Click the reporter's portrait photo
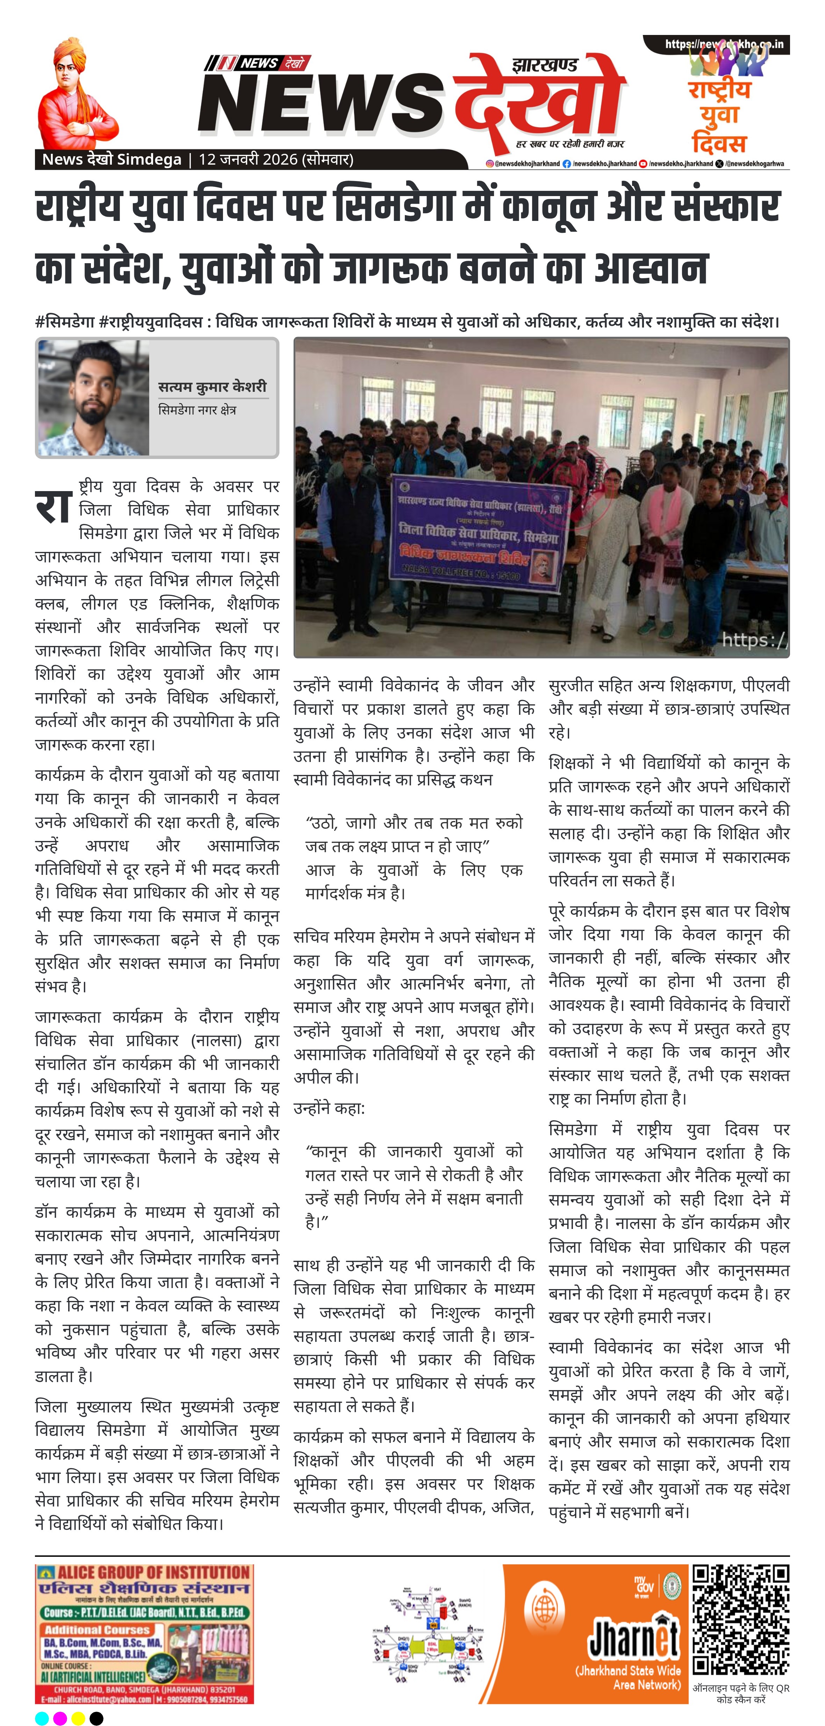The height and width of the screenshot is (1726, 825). click(x=93, y=398)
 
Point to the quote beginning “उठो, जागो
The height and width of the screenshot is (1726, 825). click(x=414, y=835)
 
